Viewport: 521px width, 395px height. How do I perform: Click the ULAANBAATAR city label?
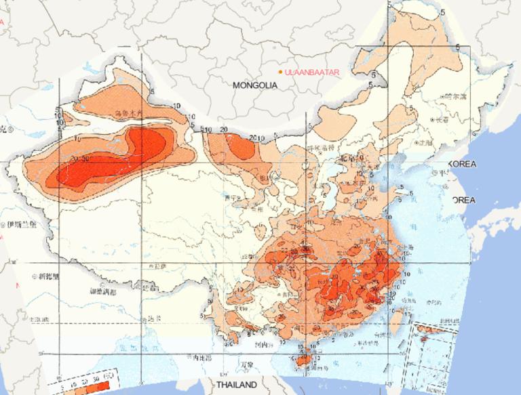pyautogui.click(x=311, y=71)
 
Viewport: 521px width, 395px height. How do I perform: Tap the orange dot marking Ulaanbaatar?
pyautogui.click(x=279, y=71)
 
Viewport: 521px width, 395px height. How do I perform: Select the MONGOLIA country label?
pyautogui.click(x=255, y=86)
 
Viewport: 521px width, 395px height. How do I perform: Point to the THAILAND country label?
pyautogui.click(x=237, y=385)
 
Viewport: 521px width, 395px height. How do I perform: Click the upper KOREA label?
pyautogui.click(x=463, y=165)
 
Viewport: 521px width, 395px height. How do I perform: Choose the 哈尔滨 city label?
pyautogui.click(x=455, y=98)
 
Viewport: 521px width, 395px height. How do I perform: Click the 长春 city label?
pyautogui.click(x=442, y=119)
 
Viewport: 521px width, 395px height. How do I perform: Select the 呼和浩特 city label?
pyautogui.click(x=322, y=148)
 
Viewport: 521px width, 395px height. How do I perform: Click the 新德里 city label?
pyautogui.click(x=50, y=276)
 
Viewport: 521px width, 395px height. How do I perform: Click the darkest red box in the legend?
pyautogui.click(x=103, y=386)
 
